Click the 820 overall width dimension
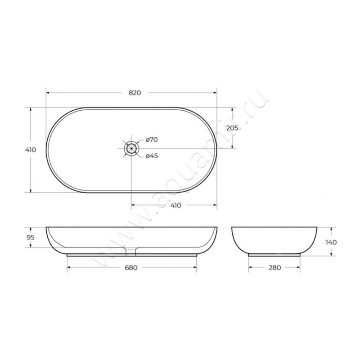click(x=135, y=93)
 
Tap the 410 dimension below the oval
click(x=175, y=205)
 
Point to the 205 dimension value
click(x=232, y=128)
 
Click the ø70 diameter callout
click(x=152, y=139)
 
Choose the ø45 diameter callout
click(x=152, y=156)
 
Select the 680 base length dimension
click(x=131, y=268)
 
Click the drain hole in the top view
click(x=131, y=148)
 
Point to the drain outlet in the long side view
click(x=131, y=249)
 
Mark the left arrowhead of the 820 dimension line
click(x=48, y=93)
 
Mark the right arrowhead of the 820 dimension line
click(x=215, y=93)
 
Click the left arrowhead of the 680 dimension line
click(x=69, y=268)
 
